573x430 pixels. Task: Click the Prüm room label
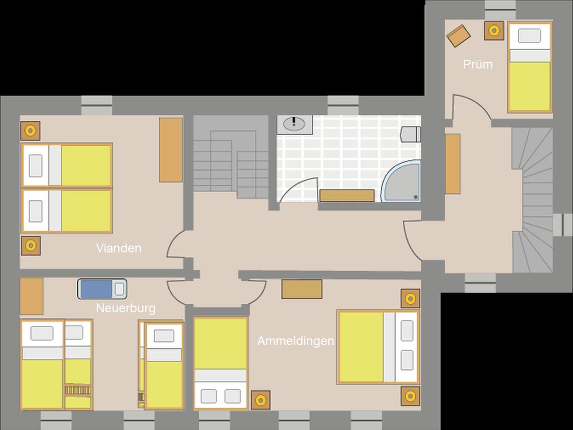click(478, 65)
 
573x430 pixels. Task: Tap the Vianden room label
click(119, 248)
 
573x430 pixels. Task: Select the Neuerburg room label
click(126, 308)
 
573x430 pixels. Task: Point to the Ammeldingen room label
click(296, 341)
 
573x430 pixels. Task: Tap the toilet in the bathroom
click(411, 134)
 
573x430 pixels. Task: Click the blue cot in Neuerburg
click(102, 289)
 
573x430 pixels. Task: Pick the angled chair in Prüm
click(458, 36)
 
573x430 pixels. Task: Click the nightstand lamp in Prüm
click(494, 30)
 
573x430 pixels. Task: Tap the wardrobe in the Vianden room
click(171, 150)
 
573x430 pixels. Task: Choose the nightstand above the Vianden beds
click(30, 131)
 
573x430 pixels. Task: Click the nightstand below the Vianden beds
click(31, 246)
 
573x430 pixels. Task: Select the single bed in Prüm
click(530, 67)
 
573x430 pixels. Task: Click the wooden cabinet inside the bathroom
click(347, 195)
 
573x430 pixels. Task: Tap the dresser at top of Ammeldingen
click(302, 289)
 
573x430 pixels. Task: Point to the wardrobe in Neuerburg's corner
click(32, 296)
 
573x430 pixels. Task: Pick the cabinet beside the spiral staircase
click(453, 164)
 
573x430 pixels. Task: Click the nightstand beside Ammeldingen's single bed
click(260, 400)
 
